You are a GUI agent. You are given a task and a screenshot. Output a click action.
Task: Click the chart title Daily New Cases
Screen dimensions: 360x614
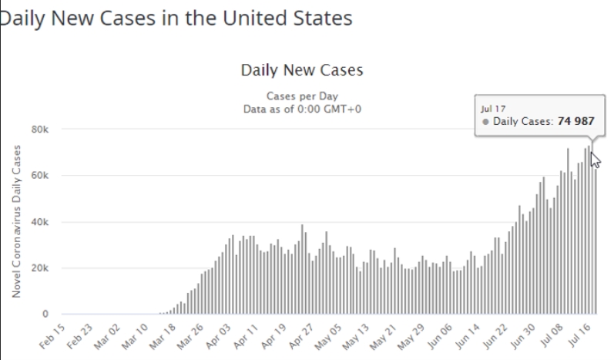(301, 70)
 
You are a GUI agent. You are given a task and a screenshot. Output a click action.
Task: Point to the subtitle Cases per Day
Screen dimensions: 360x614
(301, 97)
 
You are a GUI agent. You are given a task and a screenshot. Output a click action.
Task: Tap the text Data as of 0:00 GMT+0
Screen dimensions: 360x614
(301, 109)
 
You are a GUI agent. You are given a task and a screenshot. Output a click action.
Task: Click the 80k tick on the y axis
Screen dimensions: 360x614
(40, 130)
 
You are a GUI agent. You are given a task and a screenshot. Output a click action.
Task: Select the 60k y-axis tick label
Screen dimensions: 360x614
(40, 176)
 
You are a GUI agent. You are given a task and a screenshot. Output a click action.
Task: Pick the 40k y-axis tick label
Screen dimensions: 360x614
(40, 222)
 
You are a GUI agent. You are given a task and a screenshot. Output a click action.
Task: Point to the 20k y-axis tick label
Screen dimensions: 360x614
(40, 268)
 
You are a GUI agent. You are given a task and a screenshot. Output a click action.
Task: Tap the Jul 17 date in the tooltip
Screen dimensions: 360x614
(493, 109)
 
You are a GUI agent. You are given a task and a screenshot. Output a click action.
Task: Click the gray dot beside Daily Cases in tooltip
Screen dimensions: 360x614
(485, 122)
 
